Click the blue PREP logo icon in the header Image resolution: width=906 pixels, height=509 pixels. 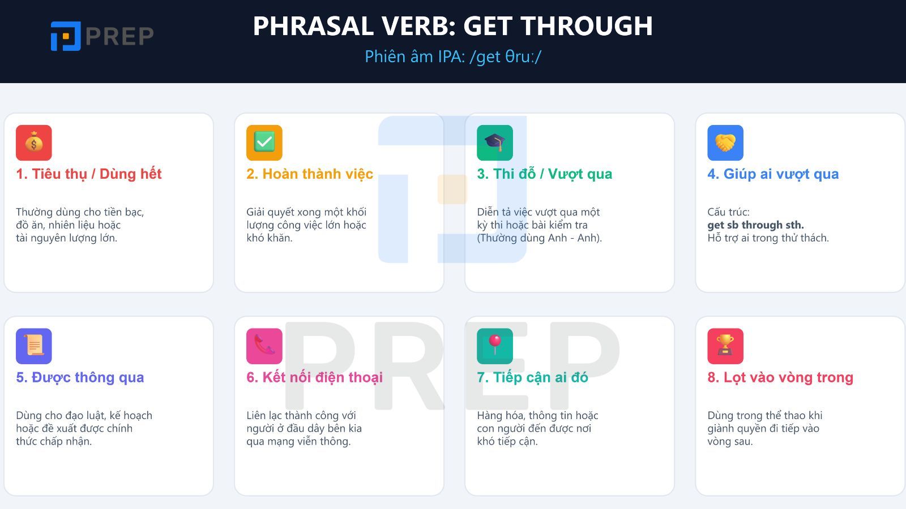tap(66, 36)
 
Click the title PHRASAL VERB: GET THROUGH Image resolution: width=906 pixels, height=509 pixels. tap(452, 26)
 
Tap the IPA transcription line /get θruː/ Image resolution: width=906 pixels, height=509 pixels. tap(453, 57)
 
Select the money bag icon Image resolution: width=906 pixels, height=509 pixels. tap(34, 143)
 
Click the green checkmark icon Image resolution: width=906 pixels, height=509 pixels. tap(264, 143)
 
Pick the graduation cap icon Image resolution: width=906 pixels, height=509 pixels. tap(495, 143)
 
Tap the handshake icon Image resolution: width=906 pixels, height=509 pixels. tap(725, 143)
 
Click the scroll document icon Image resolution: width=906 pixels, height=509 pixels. tap(34, 346)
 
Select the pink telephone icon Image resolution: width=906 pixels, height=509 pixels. tap(264, 346)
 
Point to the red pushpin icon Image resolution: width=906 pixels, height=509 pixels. tap(495, 346)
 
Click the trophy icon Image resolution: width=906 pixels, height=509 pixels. tap(725, 346)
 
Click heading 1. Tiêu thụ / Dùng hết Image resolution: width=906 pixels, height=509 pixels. tap(89, 174)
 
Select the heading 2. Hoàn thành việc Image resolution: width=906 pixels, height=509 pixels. tap(310, 174)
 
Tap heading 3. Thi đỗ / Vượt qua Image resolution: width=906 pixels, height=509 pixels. tap(544, 174)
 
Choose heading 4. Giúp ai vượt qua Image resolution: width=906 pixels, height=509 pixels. tap(773, 174)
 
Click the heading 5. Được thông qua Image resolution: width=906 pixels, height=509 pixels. tap(80, 377)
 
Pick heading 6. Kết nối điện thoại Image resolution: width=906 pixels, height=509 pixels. tap(315, 377)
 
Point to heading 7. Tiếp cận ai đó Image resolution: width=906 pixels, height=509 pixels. tap(532, 377)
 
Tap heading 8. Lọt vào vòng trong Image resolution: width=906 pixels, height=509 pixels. tap(780, 377)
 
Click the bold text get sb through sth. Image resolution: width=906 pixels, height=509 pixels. tap(755, 225)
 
